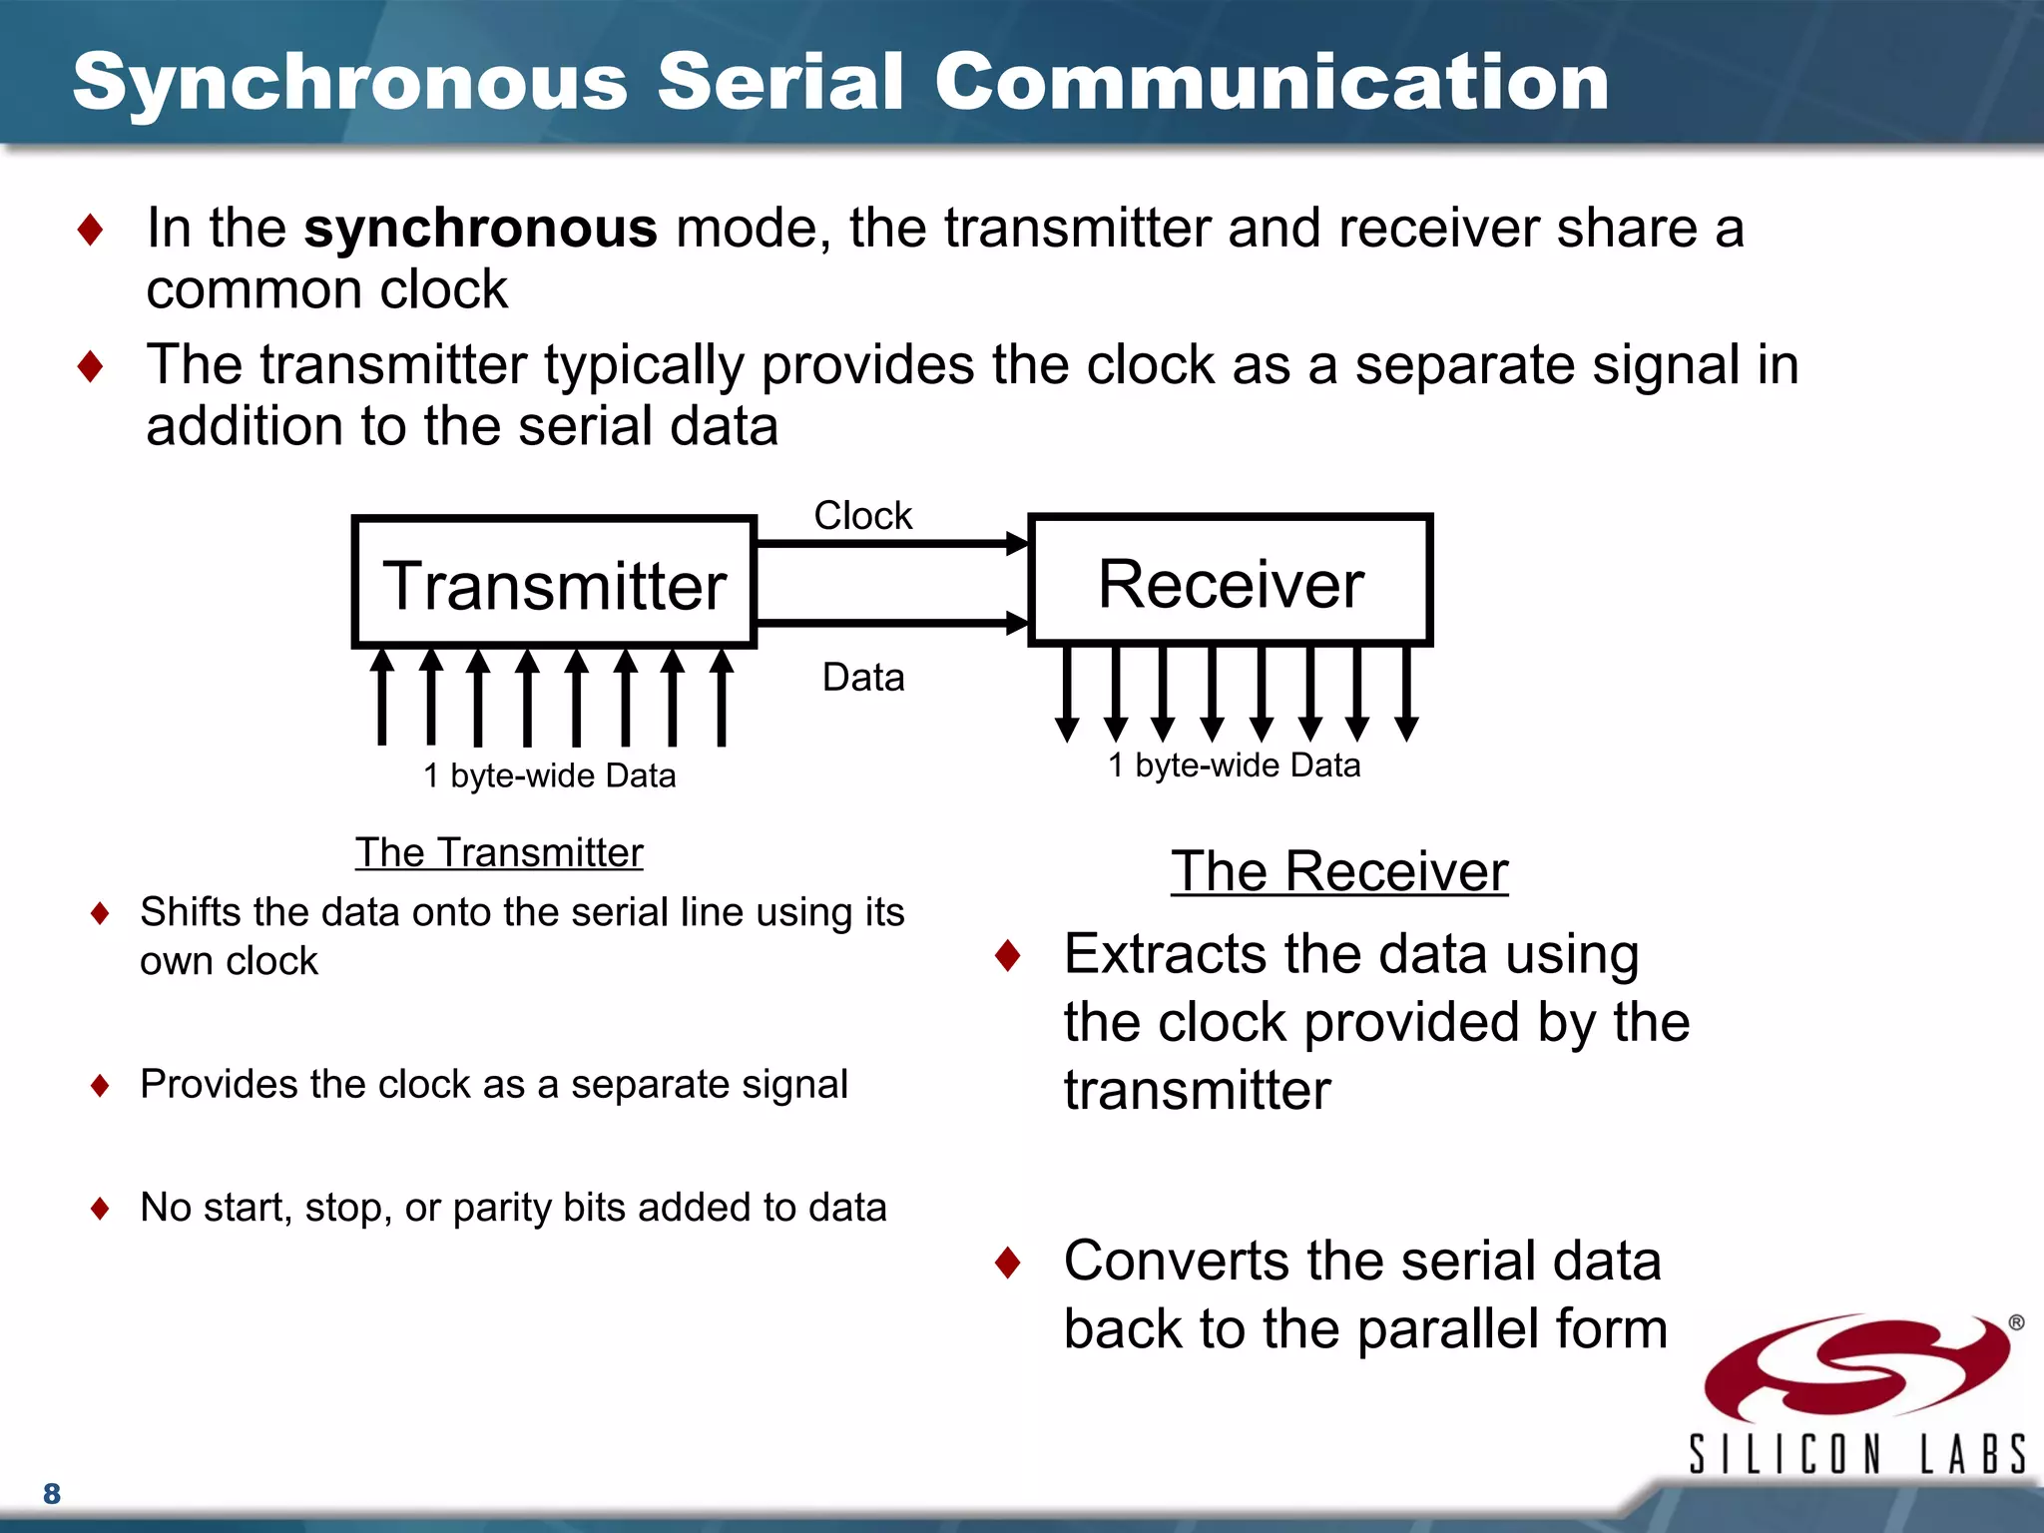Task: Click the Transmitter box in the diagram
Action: click(554, 583)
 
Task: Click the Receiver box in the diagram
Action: click(1230, 581)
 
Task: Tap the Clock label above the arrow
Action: click(862, 516)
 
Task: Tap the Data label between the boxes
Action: click(862, 678)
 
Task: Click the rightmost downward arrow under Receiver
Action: click(1406, 695)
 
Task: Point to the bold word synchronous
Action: click(480, 229)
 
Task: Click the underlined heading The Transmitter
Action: click(499, 853)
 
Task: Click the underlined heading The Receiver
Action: click(1338, 871)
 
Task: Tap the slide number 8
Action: click(52, 1493)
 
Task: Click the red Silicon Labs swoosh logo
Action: click(1856, 1367)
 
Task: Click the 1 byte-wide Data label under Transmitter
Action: click(549, 775)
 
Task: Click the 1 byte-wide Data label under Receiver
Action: click(1234, 766)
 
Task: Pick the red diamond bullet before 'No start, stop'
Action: click(100, 1209)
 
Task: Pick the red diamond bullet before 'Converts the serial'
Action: click(1008, 1263)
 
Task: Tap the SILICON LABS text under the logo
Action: click(1856, 1453)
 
